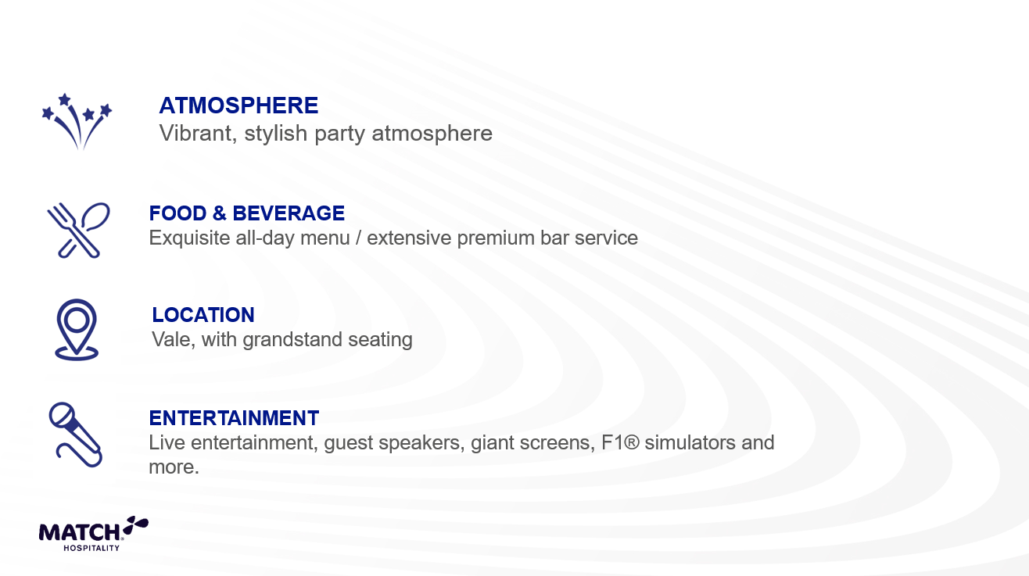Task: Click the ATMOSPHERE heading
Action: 238,106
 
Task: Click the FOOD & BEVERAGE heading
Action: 246,213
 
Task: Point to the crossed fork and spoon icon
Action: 78,231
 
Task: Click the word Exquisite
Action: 189,238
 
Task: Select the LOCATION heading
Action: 203,315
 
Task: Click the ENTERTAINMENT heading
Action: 234,418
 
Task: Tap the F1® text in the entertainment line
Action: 620,443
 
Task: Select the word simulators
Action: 690,443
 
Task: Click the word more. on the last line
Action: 174,467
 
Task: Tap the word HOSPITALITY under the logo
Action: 91,548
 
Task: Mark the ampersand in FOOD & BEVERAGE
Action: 220,213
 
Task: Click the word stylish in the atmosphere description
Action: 275,134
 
